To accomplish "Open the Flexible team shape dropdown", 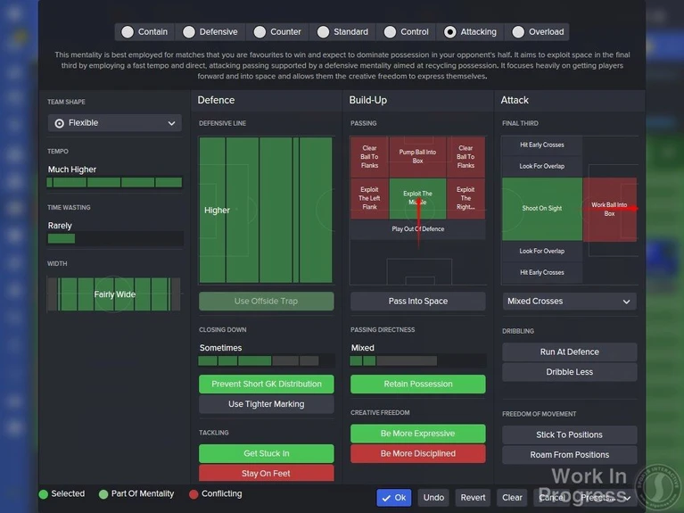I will pos(114,123).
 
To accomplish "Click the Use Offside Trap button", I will pos(266,302).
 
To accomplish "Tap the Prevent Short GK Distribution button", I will pos(266,385).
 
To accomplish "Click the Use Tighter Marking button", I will pos(266,404).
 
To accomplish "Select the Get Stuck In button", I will pos(266,454).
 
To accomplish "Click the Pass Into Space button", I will pos(417,302).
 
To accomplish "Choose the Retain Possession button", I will pos(417,385).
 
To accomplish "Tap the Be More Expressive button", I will pos(417,434).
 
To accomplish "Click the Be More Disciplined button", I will pos(417,453).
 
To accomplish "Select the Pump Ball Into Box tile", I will pos(417,156).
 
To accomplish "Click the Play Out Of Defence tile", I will pos(417,229).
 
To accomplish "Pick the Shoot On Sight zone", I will pos(541,209).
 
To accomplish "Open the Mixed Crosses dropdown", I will pos(569,302).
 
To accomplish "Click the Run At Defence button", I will pos(569,352).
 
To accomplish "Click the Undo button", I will pos(433,498).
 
